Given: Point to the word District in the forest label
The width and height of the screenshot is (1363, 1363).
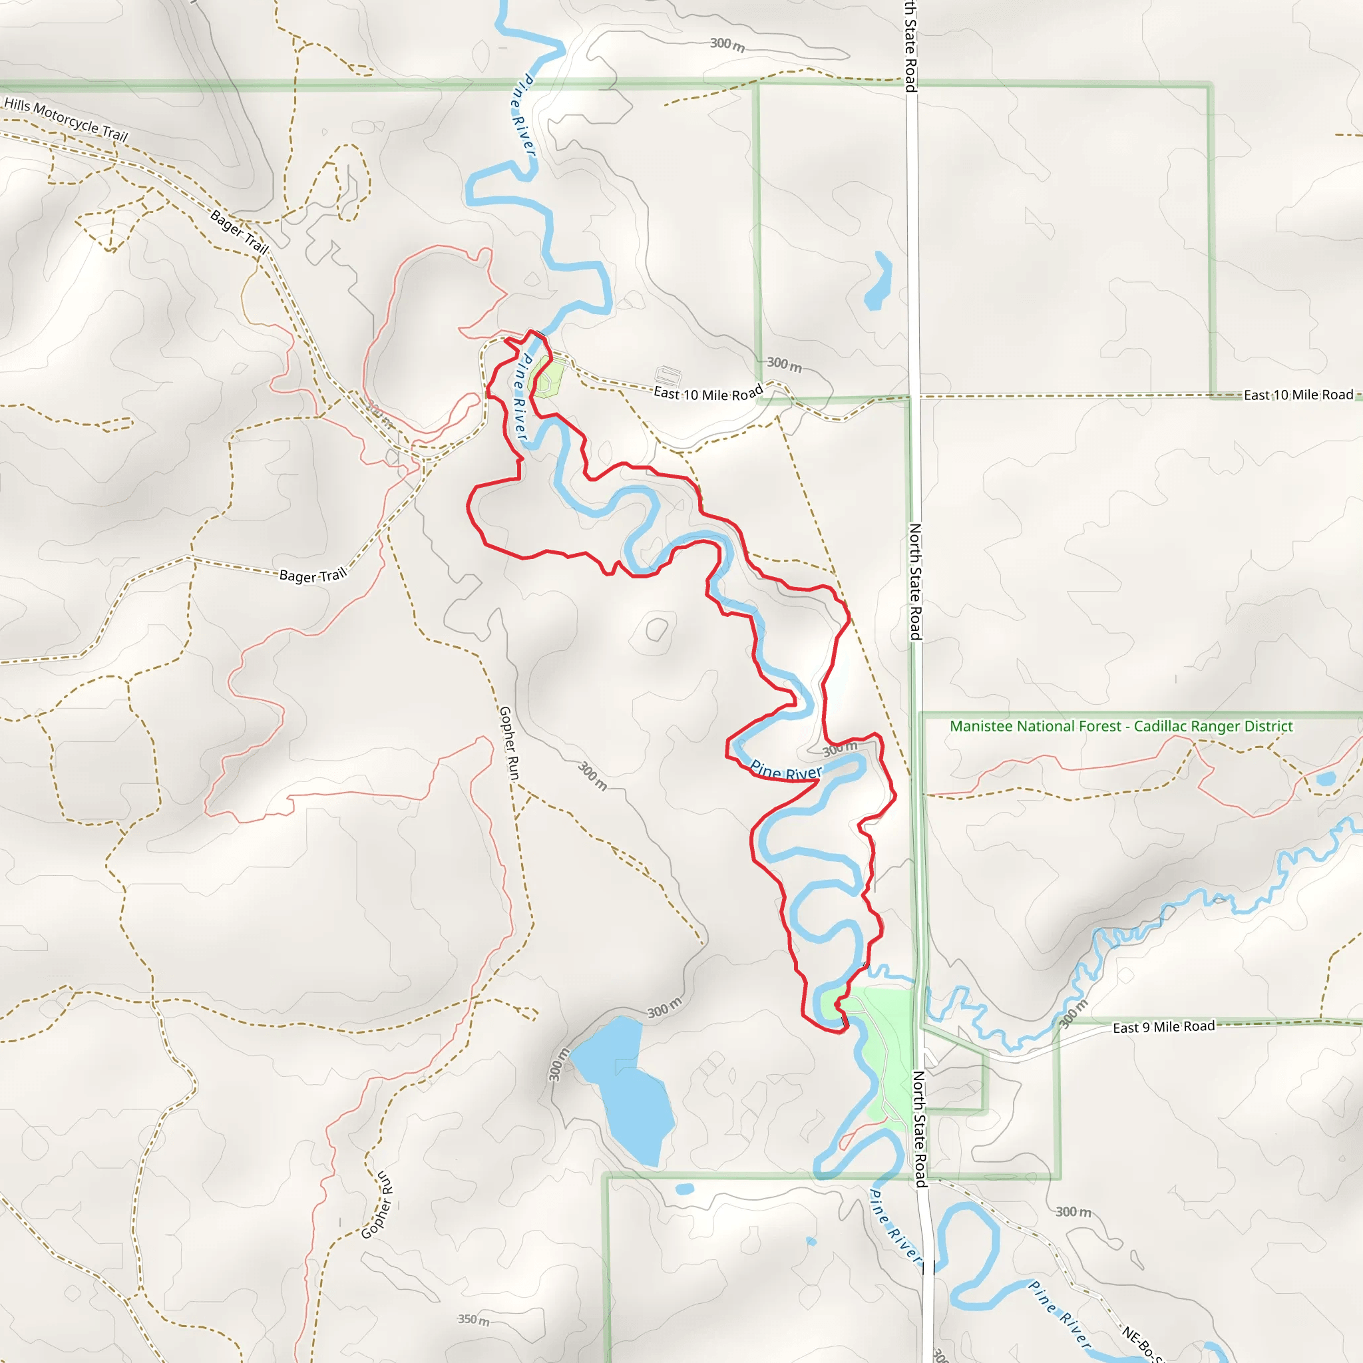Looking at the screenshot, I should tap(1267, 726).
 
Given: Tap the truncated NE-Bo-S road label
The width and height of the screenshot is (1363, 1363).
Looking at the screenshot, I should tap(1141, 1344).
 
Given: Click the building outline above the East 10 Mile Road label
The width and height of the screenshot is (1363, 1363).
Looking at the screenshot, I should tap(668, 375).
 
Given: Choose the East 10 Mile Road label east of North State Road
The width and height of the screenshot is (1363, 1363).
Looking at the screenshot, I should tap(1298, 395).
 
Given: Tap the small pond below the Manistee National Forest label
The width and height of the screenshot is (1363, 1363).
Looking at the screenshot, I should tap(1326, 779).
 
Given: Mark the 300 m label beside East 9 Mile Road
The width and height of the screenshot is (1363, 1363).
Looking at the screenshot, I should tap(1073, 1013).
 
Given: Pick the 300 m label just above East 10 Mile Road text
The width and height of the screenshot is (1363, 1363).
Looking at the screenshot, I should tap(785, 364).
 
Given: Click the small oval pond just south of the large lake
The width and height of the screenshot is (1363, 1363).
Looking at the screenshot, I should tap(684, 1189).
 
